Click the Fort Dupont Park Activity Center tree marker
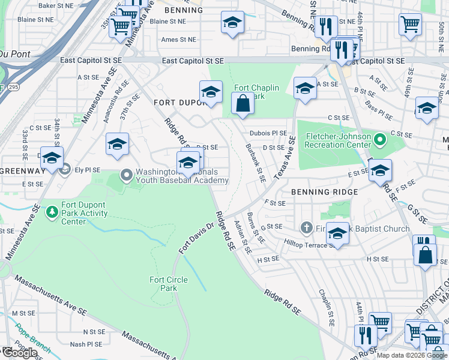coord(53,211)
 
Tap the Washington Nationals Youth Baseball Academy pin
coord(126,176)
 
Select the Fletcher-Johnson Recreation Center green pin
coord(379,141)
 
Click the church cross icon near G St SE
coord(306,227)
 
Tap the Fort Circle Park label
coord(168,284)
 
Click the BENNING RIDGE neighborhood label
coord(324,192)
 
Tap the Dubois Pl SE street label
coord(268,133)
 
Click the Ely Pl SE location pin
coord(65,169)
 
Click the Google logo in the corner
coord(20,352)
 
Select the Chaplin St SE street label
coord(327,307)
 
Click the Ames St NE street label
coord(179,40)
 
